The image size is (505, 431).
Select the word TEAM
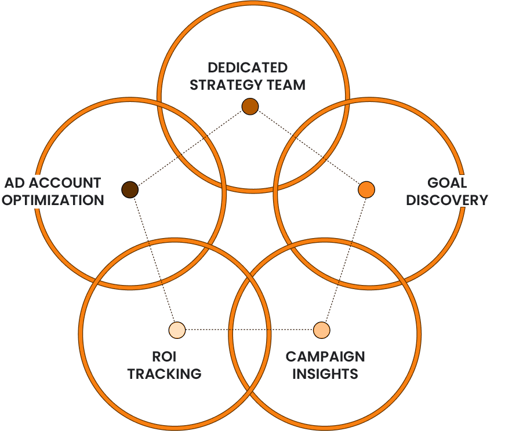pyautogui.click(x=286, y=85)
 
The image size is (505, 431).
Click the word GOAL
pyautogui.click(x=448, y=183)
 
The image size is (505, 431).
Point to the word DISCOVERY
pyautogui.click(x=447, y=200)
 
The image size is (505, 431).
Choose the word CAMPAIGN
pyautogui.click(x=325, y=356)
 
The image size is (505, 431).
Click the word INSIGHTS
pyautogui.click(x=325, y=373)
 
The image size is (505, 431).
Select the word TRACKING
pyautogui.click(x=164, y=373)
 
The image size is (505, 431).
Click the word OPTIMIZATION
pyautogui.click(x=53, y=200)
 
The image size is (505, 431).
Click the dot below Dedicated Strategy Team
pyautogui.click(x=250, y=107)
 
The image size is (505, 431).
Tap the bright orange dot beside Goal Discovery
pyautogui.click(x=366, y=189)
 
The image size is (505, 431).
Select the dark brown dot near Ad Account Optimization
pyautogui.click(x=130, y=189)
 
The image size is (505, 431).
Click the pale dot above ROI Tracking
pyautogui.click(x=177, y=330)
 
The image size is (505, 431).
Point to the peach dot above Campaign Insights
pyautogui.click(x=321, y=330)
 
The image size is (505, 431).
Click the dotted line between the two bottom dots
pyautogui.click(x=249, y=330)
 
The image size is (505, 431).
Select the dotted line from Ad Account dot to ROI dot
pyautogui.click(x=153, y=260)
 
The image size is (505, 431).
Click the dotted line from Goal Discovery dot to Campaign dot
pyautogui.click(x=344, y=259)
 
